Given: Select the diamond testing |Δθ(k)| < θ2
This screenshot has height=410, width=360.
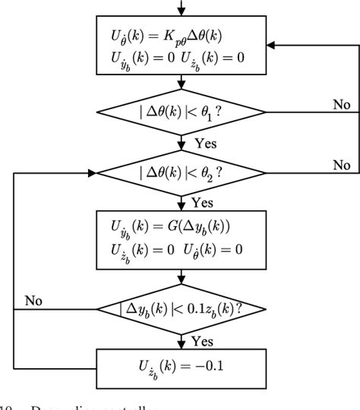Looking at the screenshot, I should pos(180,174).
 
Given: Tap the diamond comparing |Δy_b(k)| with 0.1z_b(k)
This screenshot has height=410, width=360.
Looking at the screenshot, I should pos(180,309).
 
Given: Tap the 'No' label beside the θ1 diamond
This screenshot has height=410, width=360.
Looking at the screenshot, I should pos(341,104).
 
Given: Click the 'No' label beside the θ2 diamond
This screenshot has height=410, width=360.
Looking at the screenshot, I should pos(341,164).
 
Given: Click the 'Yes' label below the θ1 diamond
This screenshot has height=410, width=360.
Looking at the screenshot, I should pos(204,142).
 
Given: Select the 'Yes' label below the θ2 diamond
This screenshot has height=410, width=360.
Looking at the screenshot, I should pos(201,202).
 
